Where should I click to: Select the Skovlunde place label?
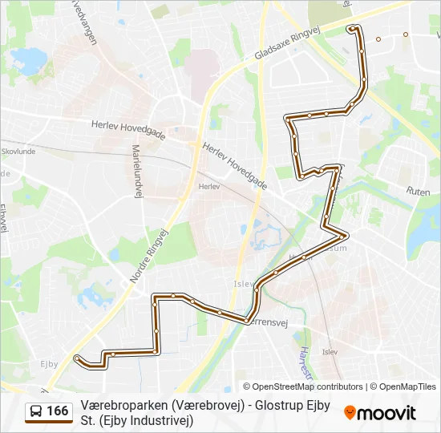pos(18,150)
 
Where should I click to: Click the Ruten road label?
pos(418,192)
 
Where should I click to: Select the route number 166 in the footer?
pos(57,411)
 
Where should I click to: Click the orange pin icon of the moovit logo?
pos(350,413)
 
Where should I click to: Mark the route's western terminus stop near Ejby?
pos(76,358)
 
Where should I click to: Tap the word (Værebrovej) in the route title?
pos(208,405)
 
